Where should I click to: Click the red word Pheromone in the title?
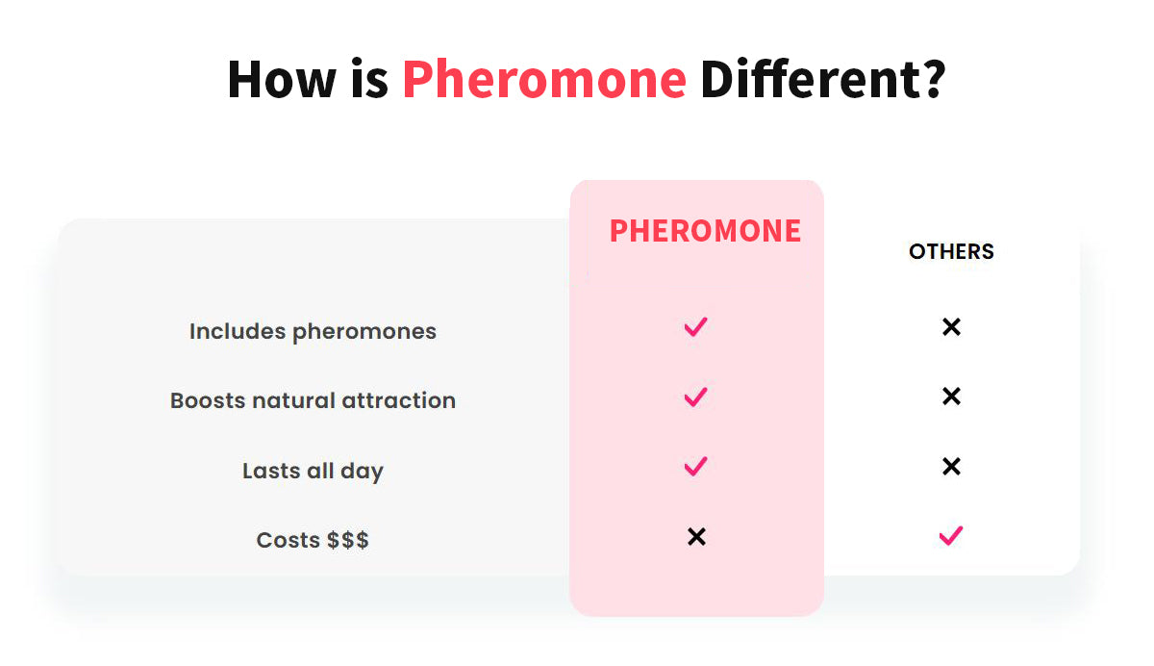click(x=544, y=79)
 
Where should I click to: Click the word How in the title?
click(x=282, y=79)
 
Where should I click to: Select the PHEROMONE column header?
click(x=705, y=230)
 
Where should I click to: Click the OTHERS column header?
click(x=951, y=251)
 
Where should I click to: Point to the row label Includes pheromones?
click(x=313, y=331)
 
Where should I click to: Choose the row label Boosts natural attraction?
click(x=313, y=400)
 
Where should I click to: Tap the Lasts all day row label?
click(x=313, y=471)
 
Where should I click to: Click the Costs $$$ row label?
click(x=313, y=540)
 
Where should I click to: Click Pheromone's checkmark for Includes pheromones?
click(x=695, y=327)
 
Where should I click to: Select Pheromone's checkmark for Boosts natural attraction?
click(x=695, y=397)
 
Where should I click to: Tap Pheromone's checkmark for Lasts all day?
click(x=695, y=467)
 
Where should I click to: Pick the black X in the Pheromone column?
click(x=696, y=537)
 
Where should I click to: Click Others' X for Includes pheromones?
click(x=951, y=327)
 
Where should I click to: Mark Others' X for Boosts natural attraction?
click(x=951, y=397)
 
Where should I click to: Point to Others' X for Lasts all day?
click(x=951, y=467)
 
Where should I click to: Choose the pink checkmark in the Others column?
click(x=950, y=536)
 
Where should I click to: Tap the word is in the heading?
click(x=369, y=79)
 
